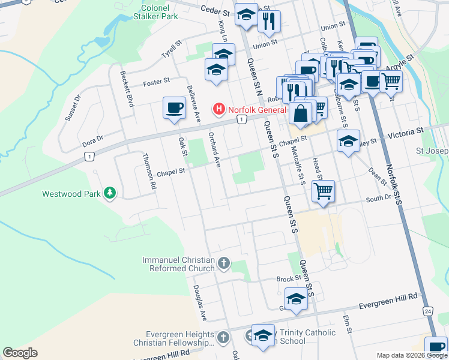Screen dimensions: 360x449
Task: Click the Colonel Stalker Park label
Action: [x=159, y=13]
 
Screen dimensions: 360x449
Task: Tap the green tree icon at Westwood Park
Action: [x=109, y=193]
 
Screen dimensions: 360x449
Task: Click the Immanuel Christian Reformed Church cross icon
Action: [x=223, y=263]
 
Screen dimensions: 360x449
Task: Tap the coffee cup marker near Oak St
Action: [x=174, y=107]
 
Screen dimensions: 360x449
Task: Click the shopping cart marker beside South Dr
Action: [x=323, y=191]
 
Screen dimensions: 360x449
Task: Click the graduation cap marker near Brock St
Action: [x=296, y=298]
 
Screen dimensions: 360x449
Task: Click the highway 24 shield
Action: [x=427, y=311]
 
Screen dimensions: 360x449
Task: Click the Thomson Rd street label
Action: [x=149, y=171]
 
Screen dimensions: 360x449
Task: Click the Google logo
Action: [x=20, y=353]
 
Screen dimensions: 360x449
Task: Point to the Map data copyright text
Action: [x=411, y=355]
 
